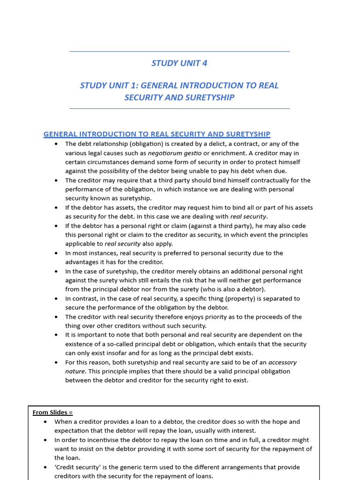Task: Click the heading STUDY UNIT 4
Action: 180,63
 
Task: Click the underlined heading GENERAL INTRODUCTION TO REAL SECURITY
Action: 157,134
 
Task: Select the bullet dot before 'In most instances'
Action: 56,253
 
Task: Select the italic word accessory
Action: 282,362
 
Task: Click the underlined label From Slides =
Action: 52,412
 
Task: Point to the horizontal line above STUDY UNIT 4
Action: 180,52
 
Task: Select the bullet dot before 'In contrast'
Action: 56,299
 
